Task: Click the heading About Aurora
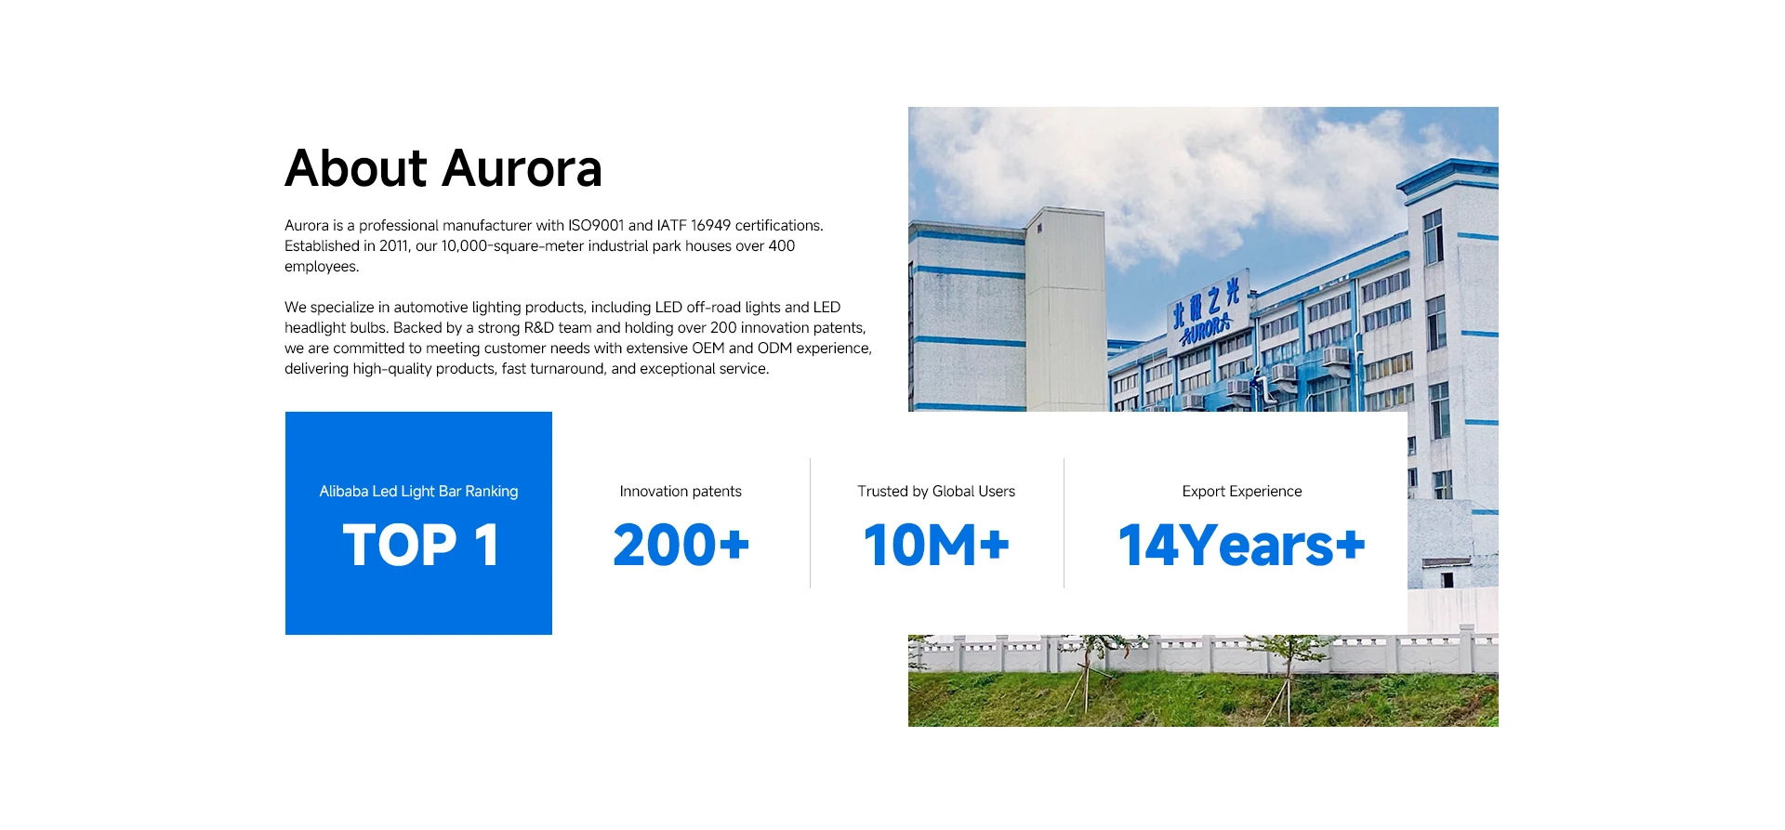(443, 168)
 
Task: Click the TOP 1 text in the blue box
(421, 545)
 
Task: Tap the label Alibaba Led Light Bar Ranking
(418, 492)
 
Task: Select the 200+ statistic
(681, 545)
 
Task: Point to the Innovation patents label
(681, 492)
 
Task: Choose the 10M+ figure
(936, 545)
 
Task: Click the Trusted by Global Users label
(936, 492)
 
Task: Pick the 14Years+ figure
(1242, 545)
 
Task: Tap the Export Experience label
(1242, 492)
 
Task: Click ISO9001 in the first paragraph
(596, 226)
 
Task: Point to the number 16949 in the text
(710, 226)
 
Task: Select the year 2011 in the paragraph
(394, 246)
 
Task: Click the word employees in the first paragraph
(322, 267)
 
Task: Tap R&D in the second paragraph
(539, 328)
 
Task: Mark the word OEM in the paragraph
(708, 349)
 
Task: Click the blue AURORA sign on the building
(1206, 331)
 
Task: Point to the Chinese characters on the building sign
(1206, 304)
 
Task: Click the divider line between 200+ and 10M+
(810, 523)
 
